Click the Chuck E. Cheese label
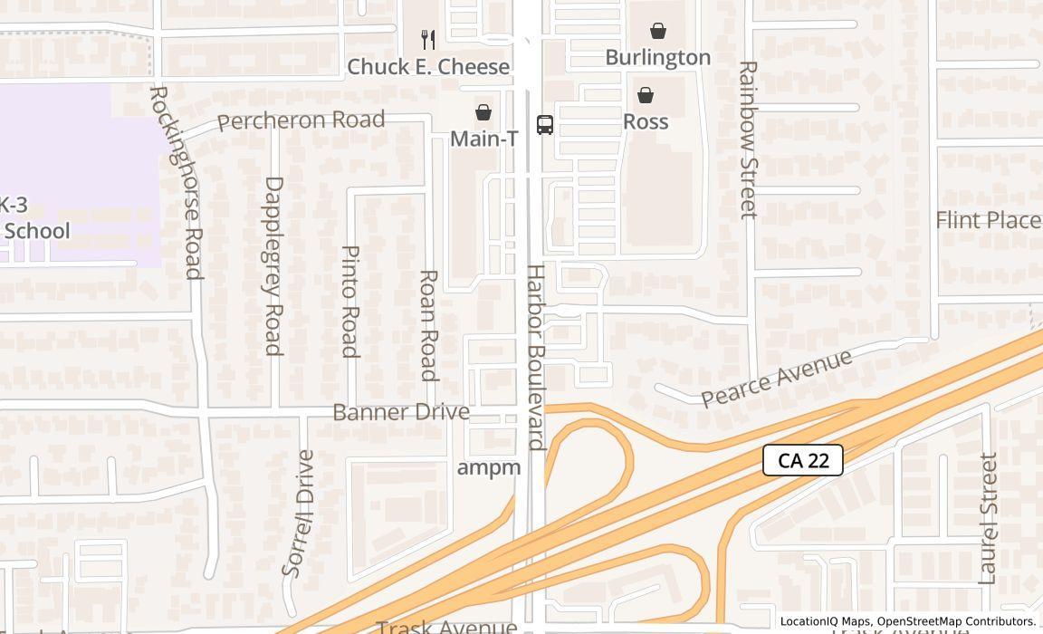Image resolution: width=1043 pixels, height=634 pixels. [x=428, y=67]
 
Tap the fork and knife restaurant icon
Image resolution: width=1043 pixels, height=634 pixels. [x=428, y=39]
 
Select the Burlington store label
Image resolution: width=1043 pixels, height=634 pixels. [x=658, y=57]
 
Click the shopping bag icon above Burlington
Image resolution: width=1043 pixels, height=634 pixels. [x=658, y=31]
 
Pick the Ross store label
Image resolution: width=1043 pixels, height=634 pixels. [x=646, y=121]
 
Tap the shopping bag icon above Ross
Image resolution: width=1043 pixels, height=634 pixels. [x=646, y=95]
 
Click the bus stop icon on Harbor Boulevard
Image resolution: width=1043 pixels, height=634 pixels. [x=545, y=125]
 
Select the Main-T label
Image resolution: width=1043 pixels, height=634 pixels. [x=484, y=139]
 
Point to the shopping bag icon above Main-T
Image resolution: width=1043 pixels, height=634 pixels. [x=483, y=112]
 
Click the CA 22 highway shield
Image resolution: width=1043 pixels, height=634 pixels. [x=803, y=460]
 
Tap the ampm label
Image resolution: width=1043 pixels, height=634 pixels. [x=489, y=467]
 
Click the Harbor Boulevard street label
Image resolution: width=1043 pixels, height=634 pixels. [x=536, y=358]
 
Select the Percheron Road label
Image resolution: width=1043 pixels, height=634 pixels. [x=301, y=120]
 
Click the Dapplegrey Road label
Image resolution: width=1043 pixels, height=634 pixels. [x=273, y=265]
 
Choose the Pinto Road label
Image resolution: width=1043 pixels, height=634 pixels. [x=350, y=300]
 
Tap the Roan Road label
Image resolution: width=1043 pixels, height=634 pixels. [x=429, y=325]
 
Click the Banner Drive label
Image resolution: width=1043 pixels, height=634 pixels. [x=401, y=412]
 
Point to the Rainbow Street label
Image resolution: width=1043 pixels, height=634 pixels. [x=748, y=139]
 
